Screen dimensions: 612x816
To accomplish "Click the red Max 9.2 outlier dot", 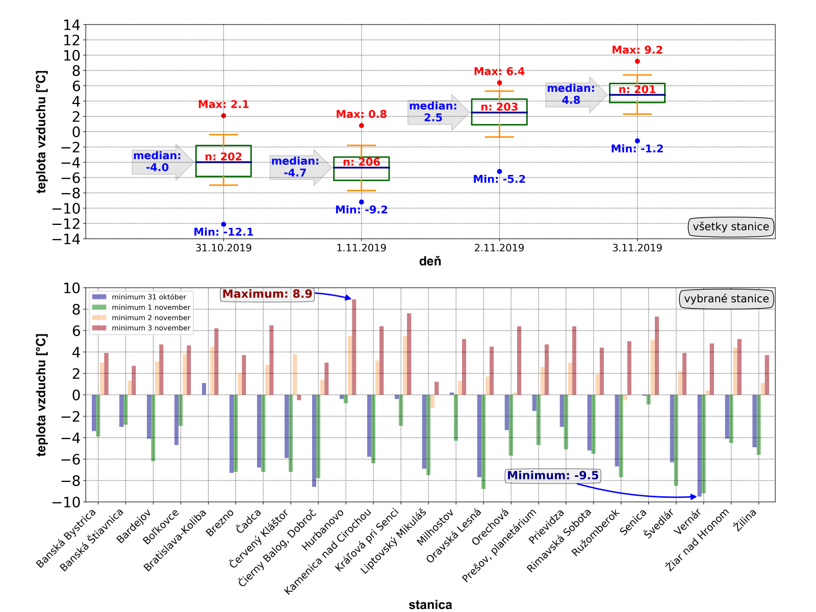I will [x=637, y=61].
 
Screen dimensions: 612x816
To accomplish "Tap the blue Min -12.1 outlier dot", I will [x=223, y=224].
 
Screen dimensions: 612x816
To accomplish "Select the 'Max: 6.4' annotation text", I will [x=499, y=71].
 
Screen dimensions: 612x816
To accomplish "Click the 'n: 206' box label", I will [x=361, y=162].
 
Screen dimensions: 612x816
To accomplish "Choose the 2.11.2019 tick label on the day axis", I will [x=499, y=248].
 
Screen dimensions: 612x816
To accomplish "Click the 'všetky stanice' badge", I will [x=730, y=227].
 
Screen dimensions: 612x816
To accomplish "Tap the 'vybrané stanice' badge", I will [x=726, y=299].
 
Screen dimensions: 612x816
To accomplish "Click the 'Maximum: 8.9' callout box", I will [x=267, y=294].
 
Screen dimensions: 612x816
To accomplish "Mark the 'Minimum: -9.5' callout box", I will [x=552, y=476].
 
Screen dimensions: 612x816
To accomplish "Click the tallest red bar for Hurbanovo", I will [x=354, y=347].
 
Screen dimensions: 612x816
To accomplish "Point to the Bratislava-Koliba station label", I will [x=176, y=540].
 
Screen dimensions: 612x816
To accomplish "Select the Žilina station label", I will [x=745, y=520].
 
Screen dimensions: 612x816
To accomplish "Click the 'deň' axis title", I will [x=430, y=262].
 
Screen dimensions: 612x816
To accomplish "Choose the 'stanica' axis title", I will [x=430, y=605].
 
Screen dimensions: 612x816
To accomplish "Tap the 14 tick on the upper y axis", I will [x=71, y=25].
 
